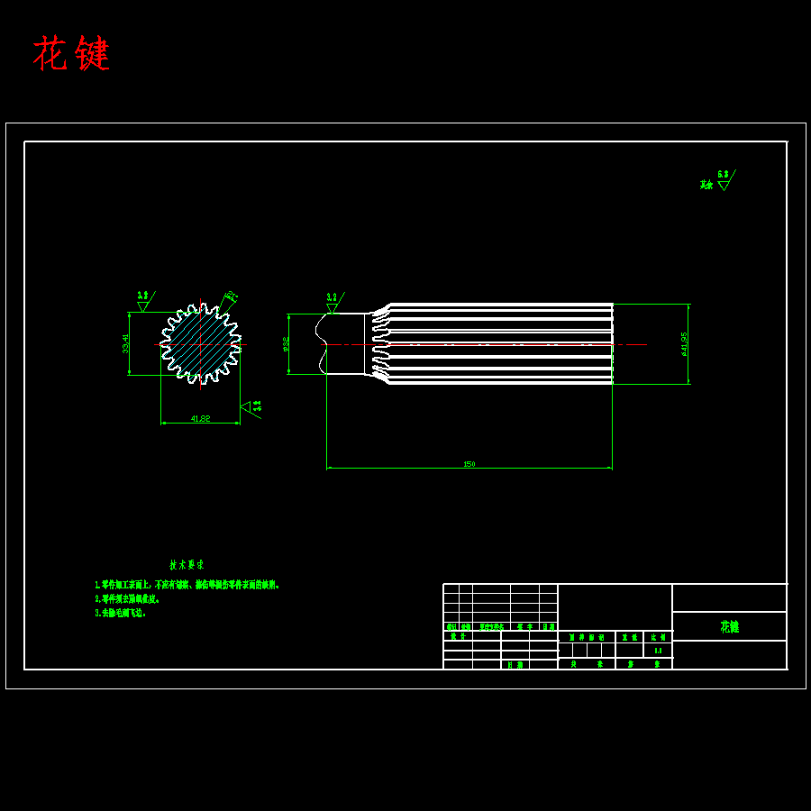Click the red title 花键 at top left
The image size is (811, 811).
[71, 54]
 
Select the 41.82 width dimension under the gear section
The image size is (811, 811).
[200, 418]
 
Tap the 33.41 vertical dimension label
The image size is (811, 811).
[126, 342]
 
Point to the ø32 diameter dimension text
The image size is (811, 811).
[286, 343]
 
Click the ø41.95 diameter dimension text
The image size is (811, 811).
[685, 343]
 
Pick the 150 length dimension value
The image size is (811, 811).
[469, 464]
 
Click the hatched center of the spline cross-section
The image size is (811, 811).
[200, 343]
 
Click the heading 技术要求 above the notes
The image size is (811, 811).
[187, 565]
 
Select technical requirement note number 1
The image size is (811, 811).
[187, 585]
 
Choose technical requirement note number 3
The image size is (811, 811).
[120, 613]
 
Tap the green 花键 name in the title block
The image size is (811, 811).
[729, 626]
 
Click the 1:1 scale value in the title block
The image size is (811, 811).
[658, 650]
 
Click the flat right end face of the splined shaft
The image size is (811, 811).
[612, 343]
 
